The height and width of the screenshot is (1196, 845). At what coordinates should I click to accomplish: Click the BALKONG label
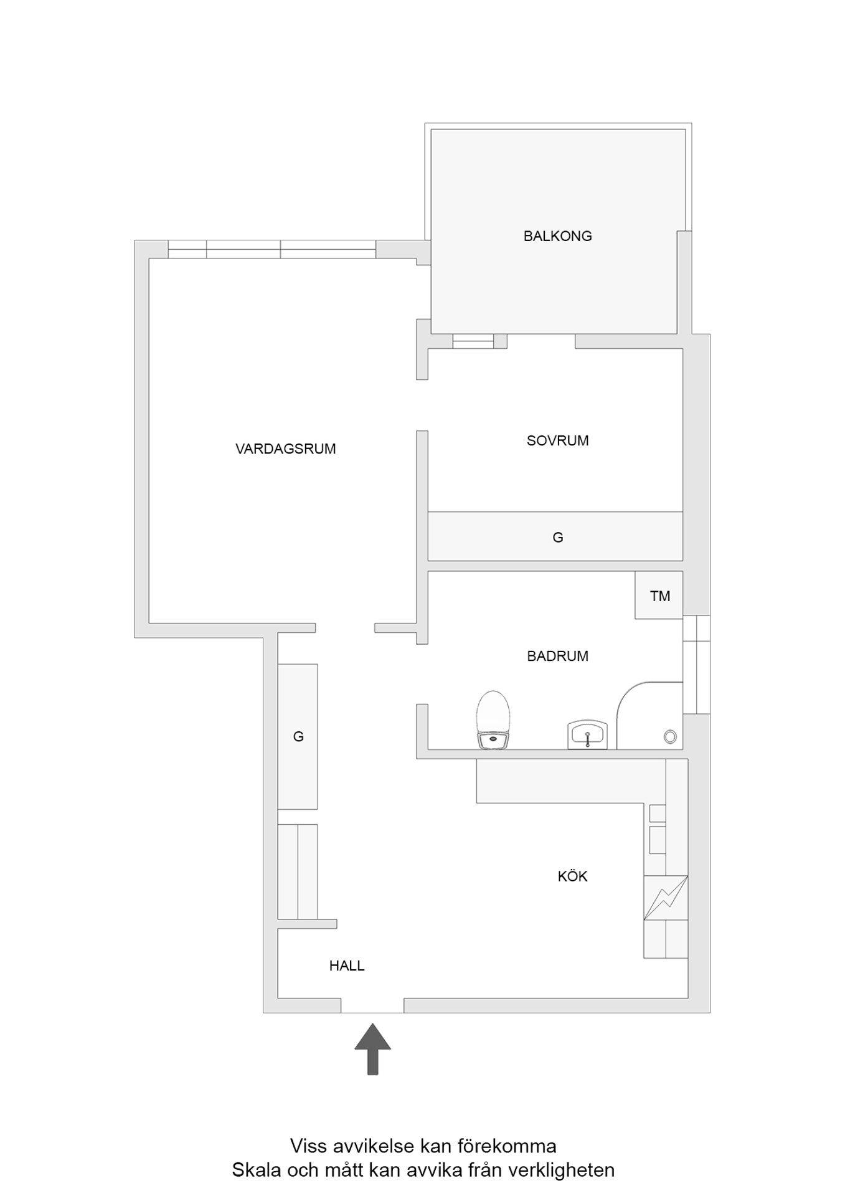(x=557, y=236)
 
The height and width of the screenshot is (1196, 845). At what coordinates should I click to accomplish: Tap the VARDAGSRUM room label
(x=286, y=449)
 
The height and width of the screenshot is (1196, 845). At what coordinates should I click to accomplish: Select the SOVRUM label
(x=557, y=441)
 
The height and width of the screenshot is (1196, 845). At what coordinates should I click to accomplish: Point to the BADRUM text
(x=557, y=656)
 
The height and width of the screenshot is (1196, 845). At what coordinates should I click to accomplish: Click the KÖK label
(x=572, y=876)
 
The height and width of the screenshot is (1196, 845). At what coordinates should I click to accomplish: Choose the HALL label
(x=347, y=966)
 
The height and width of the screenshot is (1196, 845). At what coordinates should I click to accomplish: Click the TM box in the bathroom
(x=659, y=596)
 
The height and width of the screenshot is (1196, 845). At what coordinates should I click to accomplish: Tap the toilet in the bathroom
(x=493, y=720)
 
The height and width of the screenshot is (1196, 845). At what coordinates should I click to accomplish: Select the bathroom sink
(x=587, y=735)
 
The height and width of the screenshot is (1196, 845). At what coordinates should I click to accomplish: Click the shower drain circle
(x=670, y=737)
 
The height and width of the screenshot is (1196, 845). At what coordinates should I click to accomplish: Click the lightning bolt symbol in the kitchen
(x=666, y=898)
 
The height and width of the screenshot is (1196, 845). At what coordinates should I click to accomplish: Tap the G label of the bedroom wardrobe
(x=558, y=538)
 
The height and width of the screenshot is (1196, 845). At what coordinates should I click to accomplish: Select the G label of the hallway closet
(x=298, y=737)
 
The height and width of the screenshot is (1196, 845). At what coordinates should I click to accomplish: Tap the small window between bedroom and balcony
(x=473, y=341)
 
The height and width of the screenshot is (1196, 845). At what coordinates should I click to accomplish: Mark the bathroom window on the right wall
(x=696, y=665)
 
